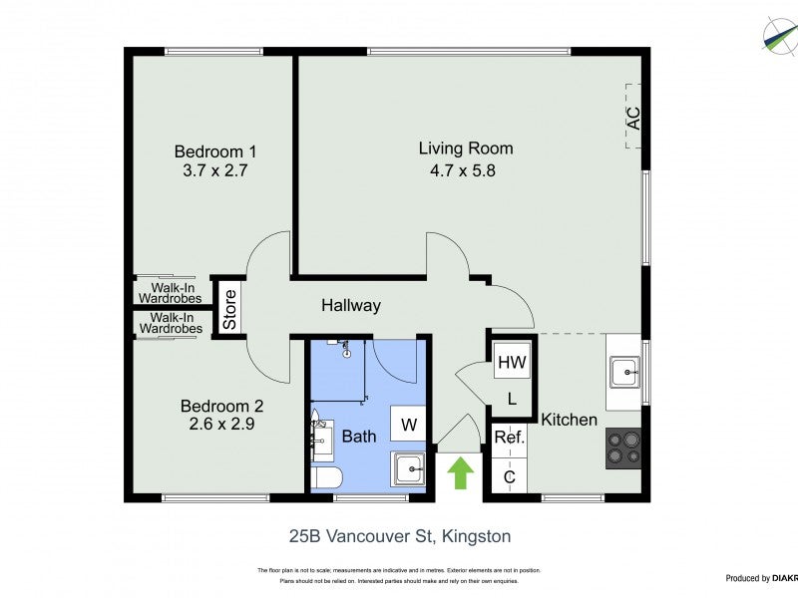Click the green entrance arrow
[459, 472]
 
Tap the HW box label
[512, 362]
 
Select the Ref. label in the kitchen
[510, 437]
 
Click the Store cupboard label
[229, 309]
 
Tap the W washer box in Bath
[408, 425]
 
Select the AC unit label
[631, 118]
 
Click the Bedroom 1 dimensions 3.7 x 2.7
[215, 170]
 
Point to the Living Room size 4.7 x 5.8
[465, 169]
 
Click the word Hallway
[350, 306]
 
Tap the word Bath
[359, 436]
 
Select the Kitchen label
[569, 420]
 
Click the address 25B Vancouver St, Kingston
[399, 536]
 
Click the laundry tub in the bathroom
[407, 468]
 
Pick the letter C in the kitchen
[509, 477]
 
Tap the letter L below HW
[511, 399]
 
